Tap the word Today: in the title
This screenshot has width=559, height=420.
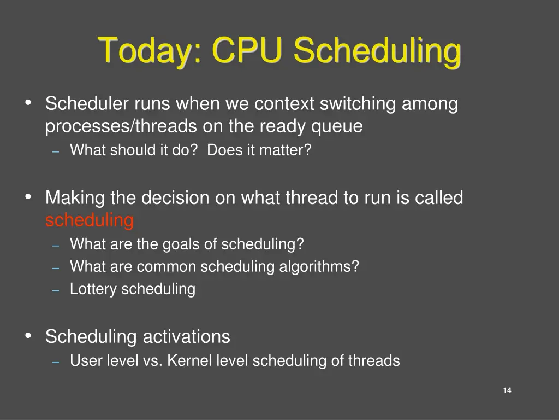151,51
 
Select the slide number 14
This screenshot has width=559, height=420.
507,390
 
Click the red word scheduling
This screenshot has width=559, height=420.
90,220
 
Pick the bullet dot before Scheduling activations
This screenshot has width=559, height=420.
28,336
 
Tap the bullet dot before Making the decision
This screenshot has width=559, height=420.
28,197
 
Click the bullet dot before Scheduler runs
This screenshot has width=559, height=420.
28,102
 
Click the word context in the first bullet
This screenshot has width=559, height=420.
285,103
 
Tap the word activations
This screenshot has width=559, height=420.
186,336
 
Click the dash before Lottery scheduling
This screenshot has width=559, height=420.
55,290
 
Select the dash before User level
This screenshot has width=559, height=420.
55,362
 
